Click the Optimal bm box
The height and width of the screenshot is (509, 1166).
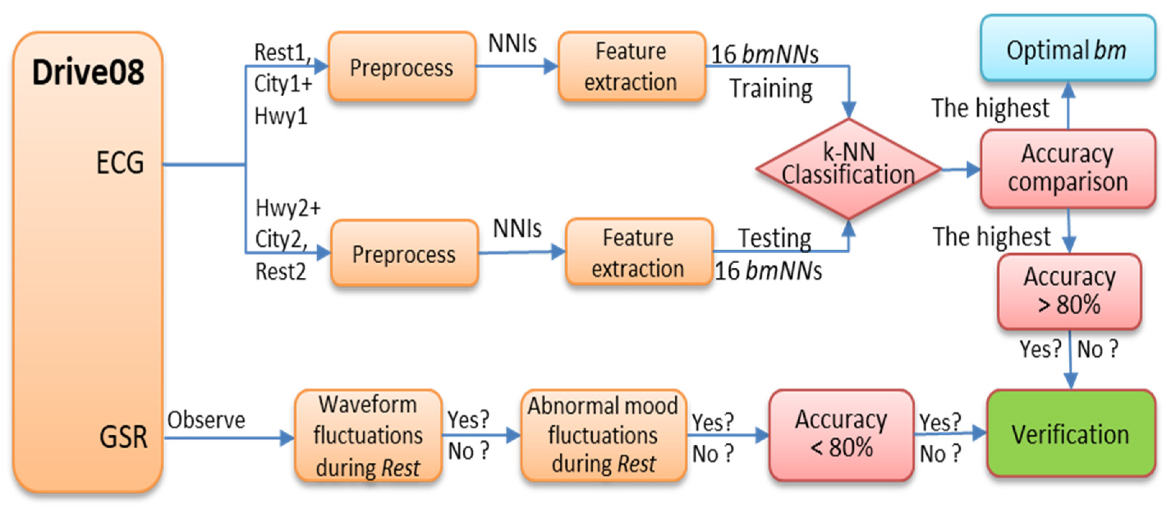coord(1067,49)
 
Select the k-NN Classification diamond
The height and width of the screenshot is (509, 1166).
coord(848,168)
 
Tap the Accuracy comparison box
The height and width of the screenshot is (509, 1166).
coord(1067,168)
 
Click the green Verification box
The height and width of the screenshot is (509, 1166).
coord(1070,434)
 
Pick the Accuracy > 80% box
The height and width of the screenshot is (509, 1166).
coord(1069,291)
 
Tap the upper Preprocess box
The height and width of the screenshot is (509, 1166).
coord(401,67)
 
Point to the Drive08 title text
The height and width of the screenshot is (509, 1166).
coord(88,73)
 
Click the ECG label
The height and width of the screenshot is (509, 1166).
coord(120,163)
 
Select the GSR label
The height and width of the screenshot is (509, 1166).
coord(123,437)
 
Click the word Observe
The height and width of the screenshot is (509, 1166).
coord(206,420)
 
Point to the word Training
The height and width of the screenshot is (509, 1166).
coord(771,89)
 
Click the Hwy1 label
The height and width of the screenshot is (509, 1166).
coord(281,116)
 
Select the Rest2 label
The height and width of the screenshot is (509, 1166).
coord(281,272)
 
